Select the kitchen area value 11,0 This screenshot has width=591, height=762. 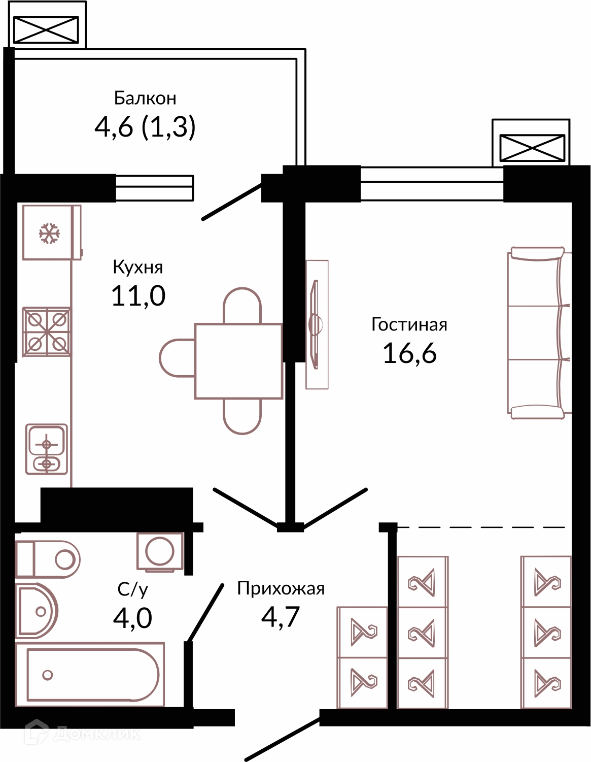tap(138, 295)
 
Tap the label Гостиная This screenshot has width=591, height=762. tap(409, 324)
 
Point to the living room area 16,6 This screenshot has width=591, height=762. tap(410, 353)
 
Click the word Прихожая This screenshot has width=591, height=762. tap(281, 588)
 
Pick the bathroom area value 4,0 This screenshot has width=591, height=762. tap(132, 618)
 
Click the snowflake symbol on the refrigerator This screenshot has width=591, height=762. tap(49, 233)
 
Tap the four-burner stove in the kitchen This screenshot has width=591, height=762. tap(47, 332)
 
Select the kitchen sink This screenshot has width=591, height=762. tap(46, 449)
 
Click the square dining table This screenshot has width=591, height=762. tap(238, 361)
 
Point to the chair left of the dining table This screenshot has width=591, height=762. tap(177, 358)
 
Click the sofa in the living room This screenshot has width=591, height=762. tap(539, 333)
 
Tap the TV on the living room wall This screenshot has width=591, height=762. tap(316, 324)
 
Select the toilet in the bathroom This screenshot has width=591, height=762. tap(48, 559)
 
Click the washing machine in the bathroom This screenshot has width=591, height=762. tap(160, 552)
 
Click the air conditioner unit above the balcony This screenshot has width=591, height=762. tap(46, 29)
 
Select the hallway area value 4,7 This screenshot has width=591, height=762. tap(280, 617)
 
